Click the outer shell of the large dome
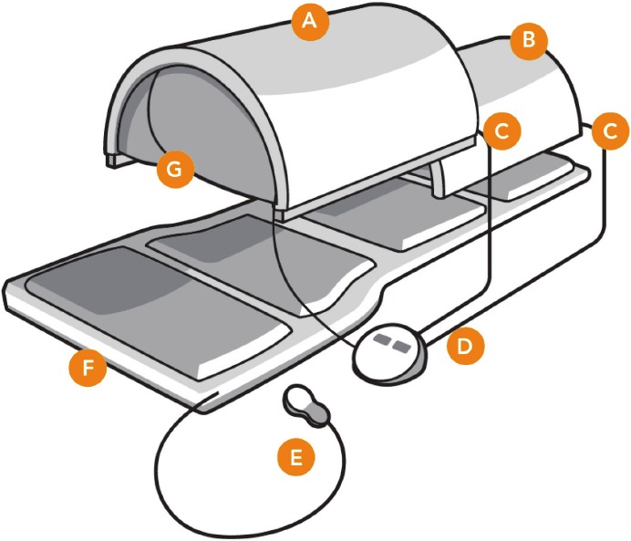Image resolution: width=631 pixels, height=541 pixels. (x=365, y=100)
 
